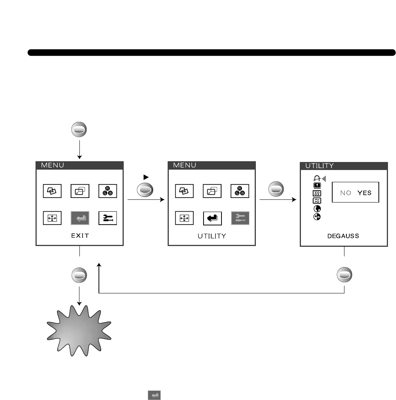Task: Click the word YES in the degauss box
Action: [x=364, y=193]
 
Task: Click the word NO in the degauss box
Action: [x=346, y=193]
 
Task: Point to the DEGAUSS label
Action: [x=344, y=236]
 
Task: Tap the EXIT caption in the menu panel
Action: [x=80, y=236]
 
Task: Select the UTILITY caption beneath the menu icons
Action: [x=212, y=236]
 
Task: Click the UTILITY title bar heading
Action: [x=319, y=166]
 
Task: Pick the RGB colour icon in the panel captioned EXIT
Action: [x=108, y=191]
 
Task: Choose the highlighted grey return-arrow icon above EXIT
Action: [x=80, y=218]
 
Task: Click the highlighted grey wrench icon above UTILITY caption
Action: [x=240, y=218]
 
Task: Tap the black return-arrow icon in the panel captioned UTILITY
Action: [x=212, y=218]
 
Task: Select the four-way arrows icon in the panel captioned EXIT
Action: [x=52, y=218]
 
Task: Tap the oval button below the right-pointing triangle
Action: [x=145, y=189]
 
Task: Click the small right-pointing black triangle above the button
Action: [x=145, y=177]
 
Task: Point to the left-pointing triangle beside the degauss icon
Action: [x=324, y=178]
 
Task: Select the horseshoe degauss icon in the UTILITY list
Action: [x=317, y=178]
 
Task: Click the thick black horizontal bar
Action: [x=211, y=52]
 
